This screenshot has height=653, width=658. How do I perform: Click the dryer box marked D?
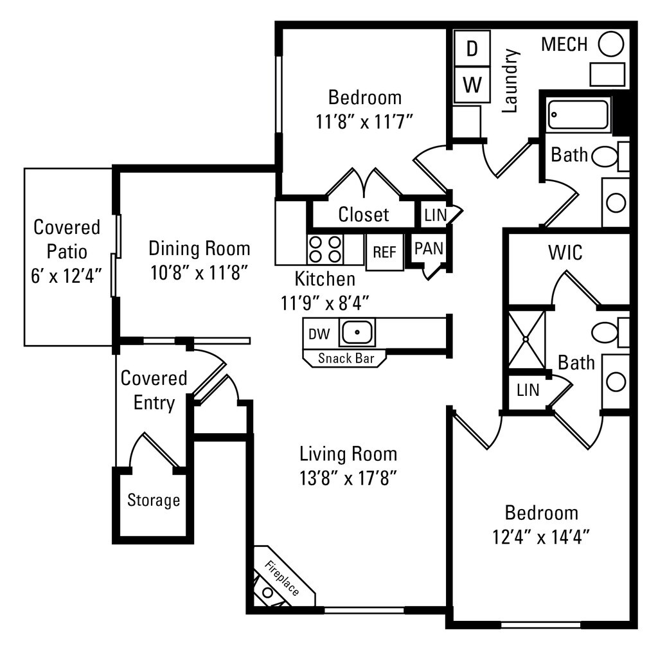click(x=472, y=49)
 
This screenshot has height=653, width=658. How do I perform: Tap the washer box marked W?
click(x=472, y=85)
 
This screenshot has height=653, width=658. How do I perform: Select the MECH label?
click(x=564, y=44)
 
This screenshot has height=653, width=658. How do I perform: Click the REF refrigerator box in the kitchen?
click(x=384, y=251)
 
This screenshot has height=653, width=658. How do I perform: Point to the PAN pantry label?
click(x=428, y=248)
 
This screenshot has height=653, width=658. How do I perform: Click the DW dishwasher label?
click(x=319, y=334)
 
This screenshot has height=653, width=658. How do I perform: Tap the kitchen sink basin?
click(x=357, y=333)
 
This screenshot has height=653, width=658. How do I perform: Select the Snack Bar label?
click(x=344, y=358)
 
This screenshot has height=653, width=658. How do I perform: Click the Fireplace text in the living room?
click(x=282, y=578)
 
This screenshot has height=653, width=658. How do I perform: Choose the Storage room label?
click(x=153, y=500)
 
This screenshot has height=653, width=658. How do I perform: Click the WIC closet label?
click(x=565, y=253)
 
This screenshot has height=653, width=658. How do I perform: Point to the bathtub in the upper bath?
click(x=579, y=115)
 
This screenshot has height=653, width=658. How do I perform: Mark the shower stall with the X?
click(x=526, y=339)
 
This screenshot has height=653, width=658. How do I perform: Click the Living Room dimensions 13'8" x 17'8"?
click(x=348, y=478)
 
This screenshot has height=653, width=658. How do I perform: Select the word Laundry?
click(x=510, y=81)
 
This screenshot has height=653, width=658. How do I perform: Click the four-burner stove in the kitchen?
click(x=325, y=249)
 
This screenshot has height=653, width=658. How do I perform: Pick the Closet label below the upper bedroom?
click(x=364, y=214)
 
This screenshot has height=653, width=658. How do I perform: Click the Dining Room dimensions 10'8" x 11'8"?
click(x=199, y=273)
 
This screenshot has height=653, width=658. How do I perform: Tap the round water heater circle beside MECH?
click(x=611, y=44)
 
